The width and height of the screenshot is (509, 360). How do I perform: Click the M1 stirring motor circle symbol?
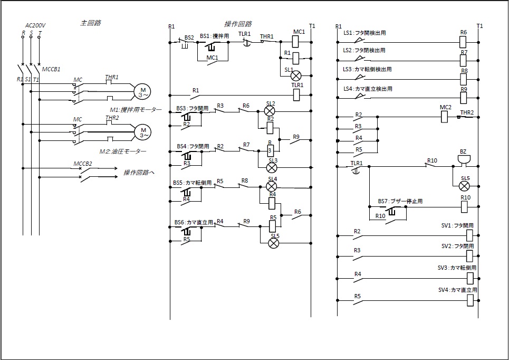142,91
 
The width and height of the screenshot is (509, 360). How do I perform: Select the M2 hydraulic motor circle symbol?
142,130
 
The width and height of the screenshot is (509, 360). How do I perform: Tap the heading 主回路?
90,23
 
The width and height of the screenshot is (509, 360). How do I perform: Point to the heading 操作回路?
238,24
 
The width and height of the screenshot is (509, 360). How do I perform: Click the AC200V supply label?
36,25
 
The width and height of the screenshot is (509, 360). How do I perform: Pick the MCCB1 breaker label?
51,69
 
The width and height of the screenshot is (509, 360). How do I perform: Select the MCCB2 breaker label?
83,163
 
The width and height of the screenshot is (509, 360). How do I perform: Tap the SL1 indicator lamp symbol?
296,75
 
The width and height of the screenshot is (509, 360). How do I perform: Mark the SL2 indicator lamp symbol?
270,111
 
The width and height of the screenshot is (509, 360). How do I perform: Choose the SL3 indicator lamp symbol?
272,168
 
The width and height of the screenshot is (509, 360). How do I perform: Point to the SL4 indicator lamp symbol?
272,186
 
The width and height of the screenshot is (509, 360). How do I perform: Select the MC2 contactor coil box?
444,117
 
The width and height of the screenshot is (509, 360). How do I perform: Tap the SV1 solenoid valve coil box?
470,235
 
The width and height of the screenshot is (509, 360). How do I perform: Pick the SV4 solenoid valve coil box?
470,300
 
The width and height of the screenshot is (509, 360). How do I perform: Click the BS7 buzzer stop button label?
400,201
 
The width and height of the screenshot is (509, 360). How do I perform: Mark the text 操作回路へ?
139,173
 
